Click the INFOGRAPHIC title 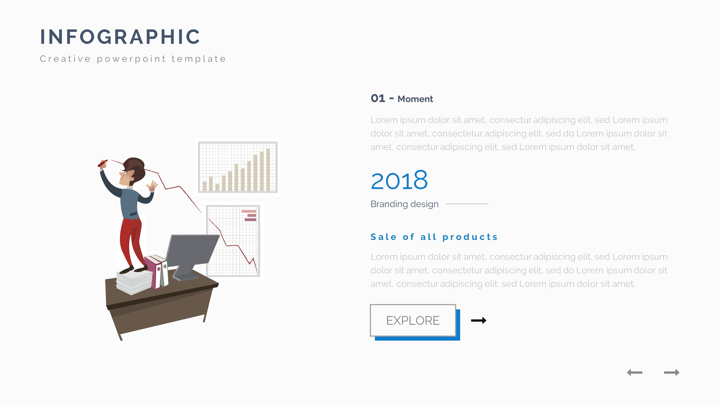(120, 37)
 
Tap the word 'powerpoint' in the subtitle (131, 59)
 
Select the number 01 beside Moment (378, 98)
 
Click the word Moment (415, 99)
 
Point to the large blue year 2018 (399, 180)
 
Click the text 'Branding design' (404, 204)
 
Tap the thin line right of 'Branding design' (467, 204)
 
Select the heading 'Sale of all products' (434, 237)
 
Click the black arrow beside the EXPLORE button (479, 320)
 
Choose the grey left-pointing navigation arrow (635, 372)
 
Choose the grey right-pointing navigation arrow (672, 372)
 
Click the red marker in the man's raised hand (103, 163)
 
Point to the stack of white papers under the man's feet (134, 282)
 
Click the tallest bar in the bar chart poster (268, 170)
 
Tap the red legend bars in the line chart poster (249, 215)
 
